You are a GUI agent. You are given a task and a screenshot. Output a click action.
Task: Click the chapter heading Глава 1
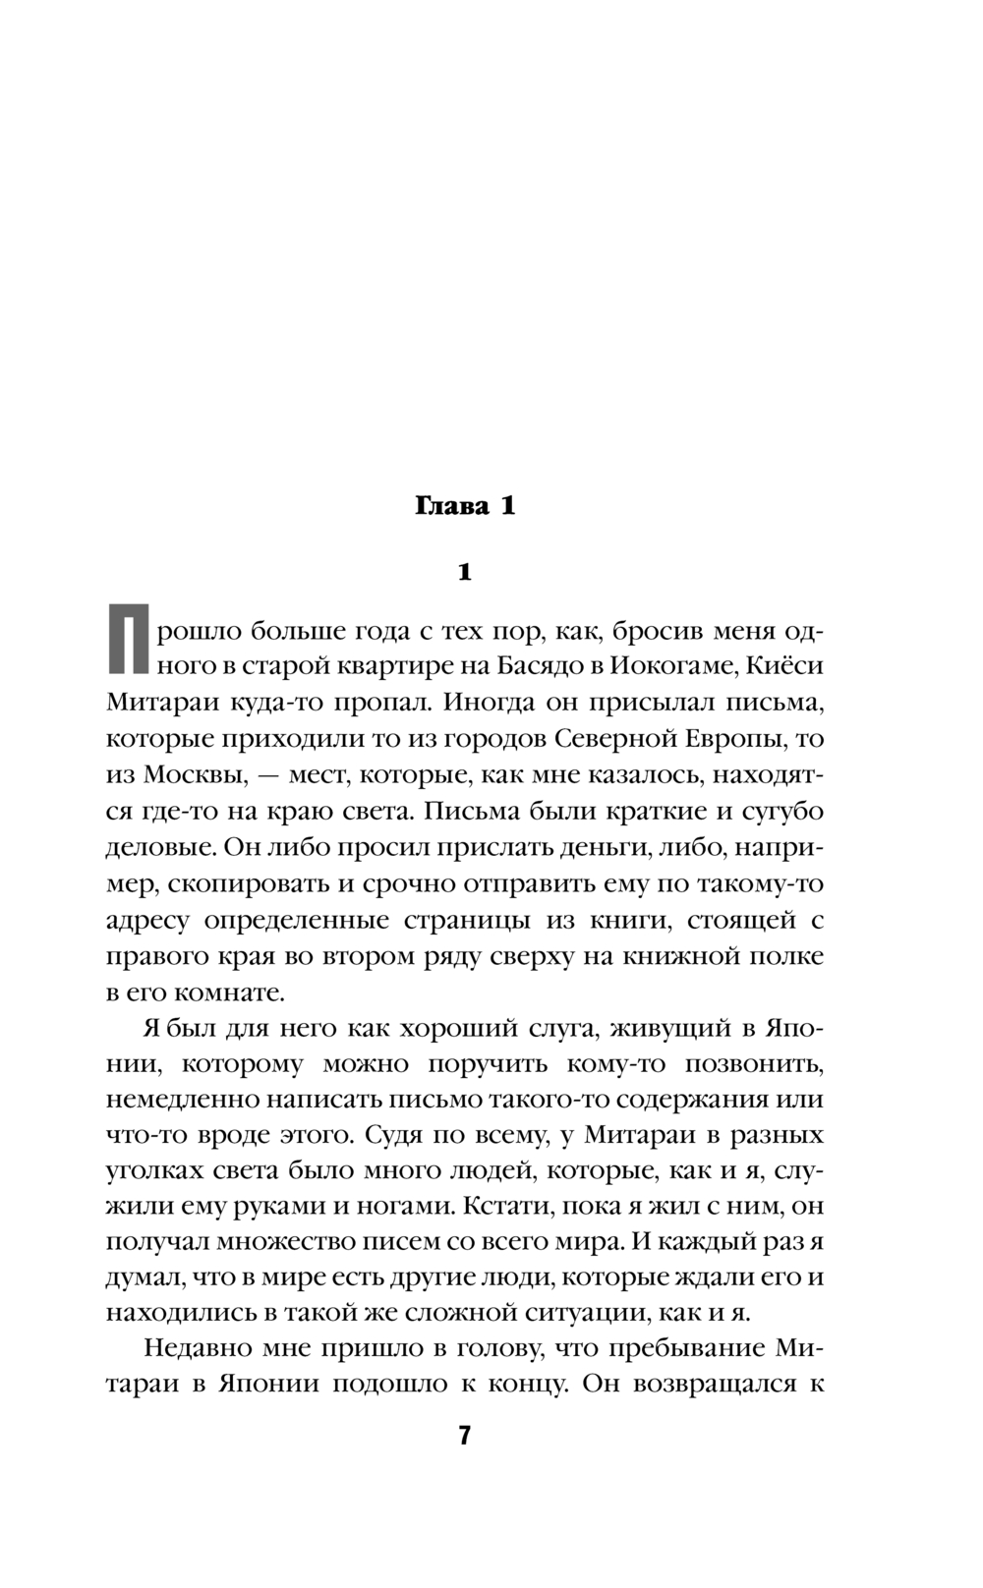point(464,507)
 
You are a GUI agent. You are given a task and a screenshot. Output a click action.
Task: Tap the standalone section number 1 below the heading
point(465,572)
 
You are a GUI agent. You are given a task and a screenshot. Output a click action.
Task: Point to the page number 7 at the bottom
point(465,1436)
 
